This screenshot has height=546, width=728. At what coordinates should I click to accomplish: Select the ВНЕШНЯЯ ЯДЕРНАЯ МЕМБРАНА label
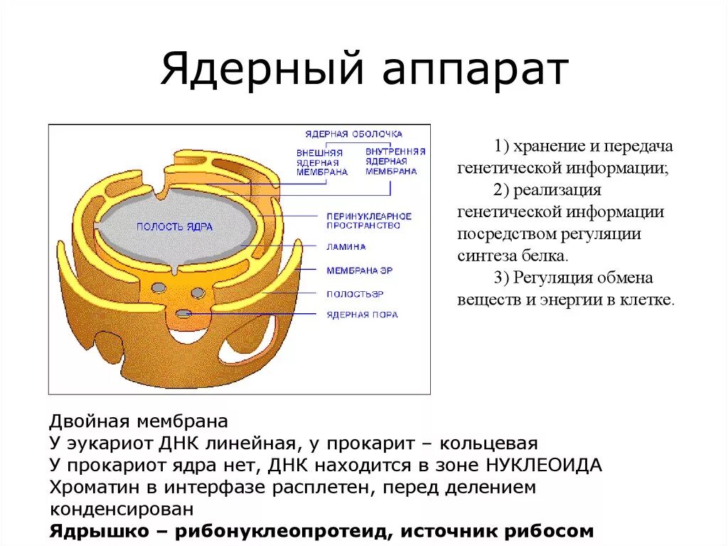click(319, 162)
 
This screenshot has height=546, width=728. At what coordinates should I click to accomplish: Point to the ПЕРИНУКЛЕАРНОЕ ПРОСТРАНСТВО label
click(369, 220)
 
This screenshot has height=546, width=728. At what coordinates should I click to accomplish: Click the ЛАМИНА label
click(346, 247)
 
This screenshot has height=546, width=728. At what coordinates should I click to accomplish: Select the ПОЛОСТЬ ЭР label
click(355, 293)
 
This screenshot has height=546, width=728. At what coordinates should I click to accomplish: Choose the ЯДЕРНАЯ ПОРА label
click(362, 315)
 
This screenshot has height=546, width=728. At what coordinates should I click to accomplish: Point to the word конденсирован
click(122, 510)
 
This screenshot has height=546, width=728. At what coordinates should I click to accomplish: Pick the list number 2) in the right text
click(500, 190)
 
